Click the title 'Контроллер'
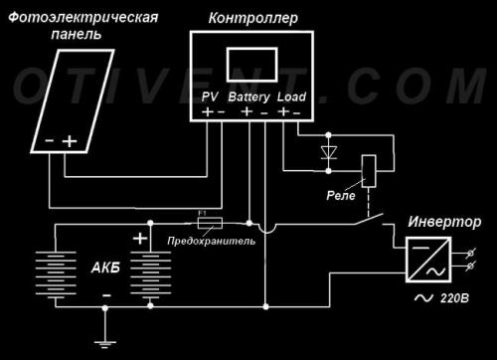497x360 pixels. [248, 19]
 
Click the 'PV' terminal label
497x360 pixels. [210, 97]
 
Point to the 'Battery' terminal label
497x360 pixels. [248, 97]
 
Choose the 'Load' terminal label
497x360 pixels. [291, 97]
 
